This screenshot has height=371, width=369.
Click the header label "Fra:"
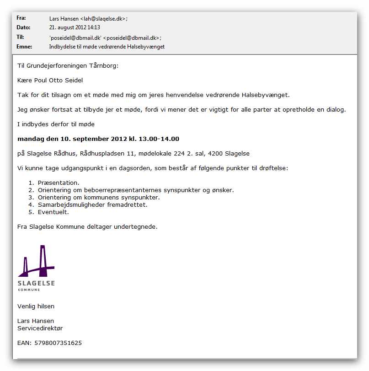click(x=21, y=18)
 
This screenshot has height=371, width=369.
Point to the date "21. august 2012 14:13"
click(x=75, y=27)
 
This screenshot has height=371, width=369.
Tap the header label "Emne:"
click(x=24, y=46)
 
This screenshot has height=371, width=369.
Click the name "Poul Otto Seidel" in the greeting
click(x=59, y=81)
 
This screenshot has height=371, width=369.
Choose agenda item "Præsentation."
click(x=59, y=183)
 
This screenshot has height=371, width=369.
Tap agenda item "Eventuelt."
click(x=53, y=212)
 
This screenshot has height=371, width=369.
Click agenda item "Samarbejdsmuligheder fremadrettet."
click(x=93, y=205)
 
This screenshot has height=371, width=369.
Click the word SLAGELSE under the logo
click(x=36, y=283)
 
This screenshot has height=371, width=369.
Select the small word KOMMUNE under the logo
click(x=29, y=290)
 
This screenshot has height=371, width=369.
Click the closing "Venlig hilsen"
click(x=36, y=306)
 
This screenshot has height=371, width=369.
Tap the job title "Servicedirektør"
click(x=40, y=328)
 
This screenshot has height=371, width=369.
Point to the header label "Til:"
click(x=20, y=37)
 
